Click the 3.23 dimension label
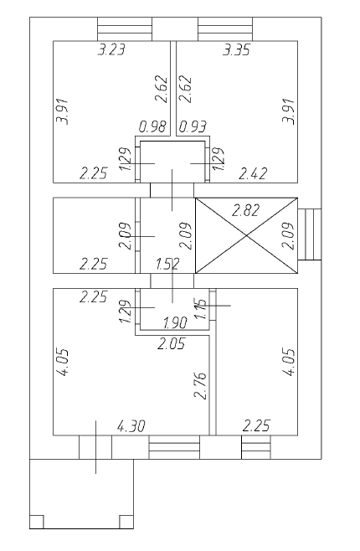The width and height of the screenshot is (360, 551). click(x=111, y=49)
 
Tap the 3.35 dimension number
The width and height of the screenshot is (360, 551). click(x=237, y=50)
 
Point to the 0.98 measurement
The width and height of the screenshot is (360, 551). click(x=152, y=126)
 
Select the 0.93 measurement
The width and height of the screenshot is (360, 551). click(x=193, y=126)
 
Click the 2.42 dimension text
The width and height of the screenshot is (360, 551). click(x=253, y=173)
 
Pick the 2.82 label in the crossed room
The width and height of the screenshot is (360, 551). click(x=246, y=210)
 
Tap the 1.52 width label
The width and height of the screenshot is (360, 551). click(x=167, y=264)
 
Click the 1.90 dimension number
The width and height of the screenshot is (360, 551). click(x=175, y=323)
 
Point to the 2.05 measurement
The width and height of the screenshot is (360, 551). click(x=171, y=343)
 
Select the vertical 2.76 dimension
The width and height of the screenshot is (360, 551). click(x=201, y=386)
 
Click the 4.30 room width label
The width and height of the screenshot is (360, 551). click(x=131, y=426)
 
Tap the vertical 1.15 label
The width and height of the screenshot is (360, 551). click(x=200, y=309)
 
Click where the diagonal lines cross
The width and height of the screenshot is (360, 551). click(x=246, y=235)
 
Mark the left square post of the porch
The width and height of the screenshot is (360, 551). click(x=37, y=522)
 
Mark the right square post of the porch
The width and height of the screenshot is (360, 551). click(x=126, y=522)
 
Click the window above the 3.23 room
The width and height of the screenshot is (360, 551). click(x=125, y=29)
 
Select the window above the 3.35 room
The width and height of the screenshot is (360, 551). click(x=225, y=29)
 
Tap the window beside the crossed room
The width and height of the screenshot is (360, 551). click(x=310, y=234)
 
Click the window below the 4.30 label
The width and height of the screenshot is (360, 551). click(x=174, y=447)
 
